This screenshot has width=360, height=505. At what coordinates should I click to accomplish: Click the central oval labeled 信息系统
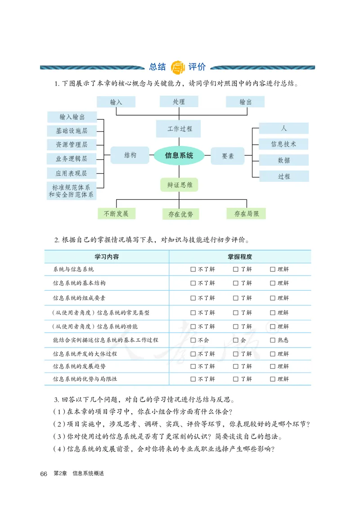click(x=179, y=155)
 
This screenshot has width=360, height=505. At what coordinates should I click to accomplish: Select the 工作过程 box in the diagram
click(x=179, y=129)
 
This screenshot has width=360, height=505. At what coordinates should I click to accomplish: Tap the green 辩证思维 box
click(x=179, y=185)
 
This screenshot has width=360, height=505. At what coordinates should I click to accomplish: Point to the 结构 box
click(x=130, y=155)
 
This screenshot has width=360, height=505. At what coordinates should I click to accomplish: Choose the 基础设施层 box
click(x=72, y=131)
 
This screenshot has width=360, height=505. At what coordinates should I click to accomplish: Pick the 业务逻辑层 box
click(x=72, y=158)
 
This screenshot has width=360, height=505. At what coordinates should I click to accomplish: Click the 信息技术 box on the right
click(x=283, y=144)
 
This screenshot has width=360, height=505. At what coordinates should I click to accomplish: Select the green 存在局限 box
click(x=246, y=214)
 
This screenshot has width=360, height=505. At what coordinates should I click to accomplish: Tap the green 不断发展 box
click(x=116, y=213)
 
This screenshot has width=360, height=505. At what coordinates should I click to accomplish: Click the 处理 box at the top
click(x=179, y=102)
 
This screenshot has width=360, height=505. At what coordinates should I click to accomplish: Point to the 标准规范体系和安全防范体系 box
click(x=72, y=191)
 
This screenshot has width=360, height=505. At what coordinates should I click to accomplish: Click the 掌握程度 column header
click(x=240, y=257)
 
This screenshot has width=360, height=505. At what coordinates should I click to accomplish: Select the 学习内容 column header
click(x=107, y=257)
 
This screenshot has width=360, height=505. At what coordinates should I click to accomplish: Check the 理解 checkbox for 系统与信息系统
click(x=273, y=269)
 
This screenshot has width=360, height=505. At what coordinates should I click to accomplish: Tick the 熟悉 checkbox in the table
click(x=273, y=340)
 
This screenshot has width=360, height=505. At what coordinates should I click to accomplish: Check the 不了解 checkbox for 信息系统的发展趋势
click(x=193, y=366)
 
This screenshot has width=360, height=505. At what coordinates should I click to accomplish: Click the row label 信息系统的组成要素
click(x=79, y=298)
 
